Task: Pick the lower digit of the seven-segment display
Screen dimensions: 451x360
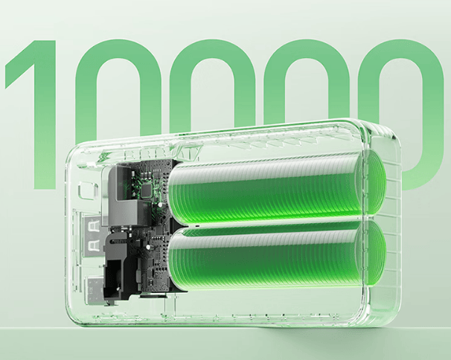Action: coord(92,245)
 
